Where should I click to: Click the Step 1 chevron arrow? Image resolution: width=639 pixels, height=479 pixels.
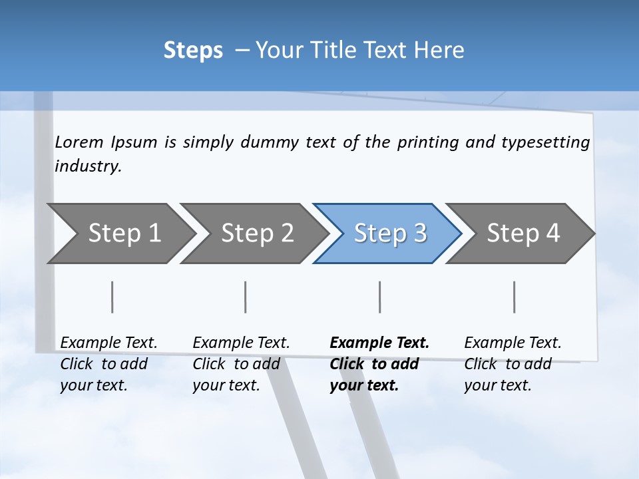point(124,234)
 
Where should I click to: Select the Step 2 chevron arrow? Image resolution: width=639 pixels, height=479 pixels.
point(257,234)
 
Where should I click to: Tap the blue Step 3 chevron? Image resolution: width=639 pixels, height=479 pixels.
point(390,234)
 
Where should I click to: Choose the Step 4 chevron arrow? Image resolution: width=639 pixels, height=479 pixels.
point(523,234)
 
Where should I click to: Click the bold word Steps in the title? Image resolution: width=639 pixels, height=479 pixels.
point(193,51)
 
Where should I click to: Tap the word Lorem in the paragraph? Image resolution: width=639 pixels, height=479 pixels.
point(79,142)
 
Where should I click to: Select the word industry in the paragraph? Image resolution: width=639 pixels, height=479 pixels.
point(88,166)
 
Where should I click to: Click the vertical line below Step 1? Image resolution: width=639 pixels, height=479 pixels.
point(112,297)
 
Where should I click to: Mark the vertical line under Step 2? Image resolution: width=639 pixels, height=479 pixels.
point(246,297)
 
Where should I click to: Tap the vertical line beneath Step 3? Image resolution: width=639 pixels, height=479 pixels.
point(380,297)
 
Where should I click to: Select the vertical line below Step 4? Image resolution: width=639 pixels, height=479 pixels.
point(515,297)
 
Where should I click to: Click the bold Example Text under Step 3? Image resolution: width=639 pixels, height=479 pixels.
point(379,343)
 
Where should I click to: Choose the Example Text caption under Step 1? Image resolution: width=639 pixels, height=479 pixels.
point(108,343)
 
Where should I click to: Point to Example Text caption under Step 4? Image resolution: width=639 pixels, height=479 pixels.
point(513,343)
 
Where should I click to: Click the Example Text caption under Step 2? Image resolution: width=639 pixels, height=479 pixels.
point(241,343)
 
